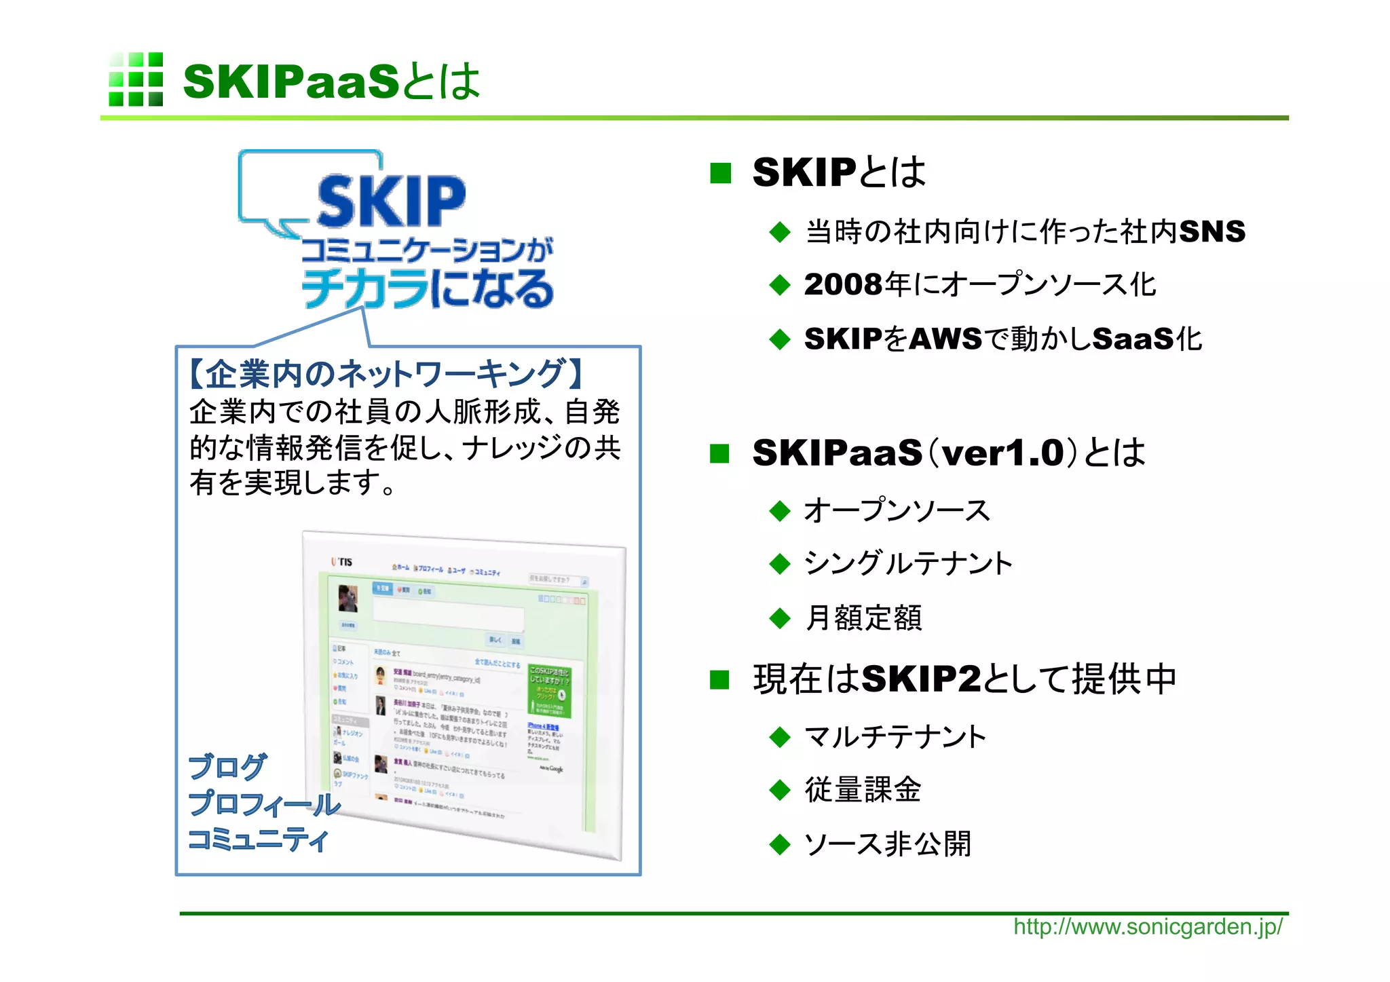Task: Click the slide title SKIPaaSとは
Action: (331, 81)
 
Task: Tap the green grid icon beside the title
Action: (136, 79)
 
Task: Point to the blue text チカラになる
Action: (428, 288)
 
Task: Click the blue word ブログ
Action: (227, 768)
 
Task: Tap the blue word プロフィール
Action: (264, 804)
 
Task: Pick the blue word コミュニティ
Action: (258, 840)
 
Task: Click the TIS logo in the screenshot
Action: (342, 562)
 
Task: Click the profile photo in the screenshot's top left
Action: (348, 599)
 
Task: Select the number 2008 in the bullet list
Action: (844, 284)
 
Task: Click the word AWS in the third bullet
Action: (945, 339)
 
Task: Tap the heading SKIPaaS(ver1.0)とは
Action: (948, 453)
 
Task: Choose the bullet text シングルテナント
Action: (908, 563)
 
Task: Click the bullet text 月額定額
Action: (863, 618)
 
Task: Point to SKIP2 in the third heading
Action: (921, 679)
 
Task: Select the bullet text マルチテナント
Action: (895, 736)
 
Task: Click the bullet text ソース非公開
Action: (888, 844)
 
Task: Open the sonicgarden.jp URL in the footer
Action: (1148, 927)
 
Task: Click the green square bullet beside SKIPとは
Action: (720, 173)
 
